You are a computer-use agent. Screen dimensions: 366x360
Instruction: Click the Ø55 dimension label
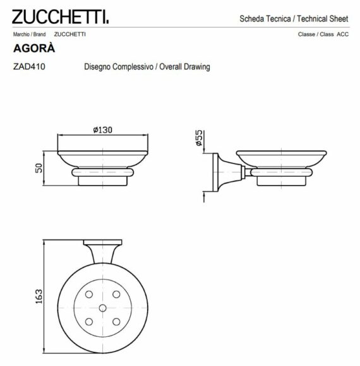tap(200, 139)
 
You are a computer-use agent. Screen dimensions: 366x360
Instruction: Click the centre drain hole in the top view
tap(101, 307)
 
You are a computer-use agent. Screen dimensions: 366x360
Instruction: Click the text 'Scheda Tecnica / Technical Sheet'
tap(293, 18)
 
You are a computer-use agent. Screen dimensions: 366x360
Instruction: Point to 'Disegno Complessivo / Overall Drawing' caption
tap(147, 66)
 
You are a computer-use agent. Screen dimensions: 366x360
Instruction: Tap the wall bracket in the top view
tap(101, 251)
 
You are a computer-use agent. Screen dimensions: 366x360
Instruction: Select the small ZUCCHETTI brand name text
tap(70, 35)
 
